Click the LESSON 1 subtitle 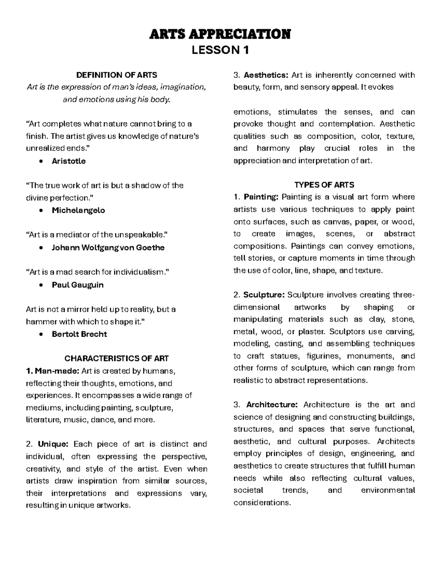tap(220, 50)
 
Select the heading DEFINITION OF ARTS tap(116, 75)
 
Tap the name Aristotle tap(69, 161)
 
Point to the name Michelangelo tap(78, 210)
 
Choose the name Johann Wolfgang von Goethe tap(108, 247)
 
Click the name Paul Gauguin tap(78, 285)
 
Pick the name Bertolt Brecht tap(79, 334)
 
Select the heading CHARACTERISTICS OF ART tap(116, 358)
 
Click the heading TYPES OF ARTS tap(324, 185)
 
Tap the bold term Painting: tap(261, 197)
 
